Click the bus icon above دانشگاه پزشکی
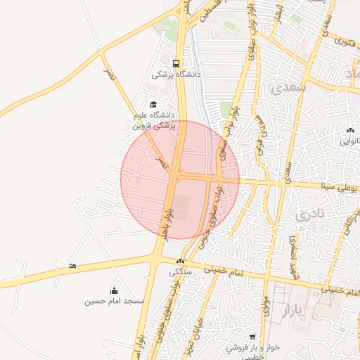[x=176, y=62]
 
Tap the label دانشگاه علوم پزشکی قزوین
[x=153, y=120]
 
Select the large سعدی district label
[x=285, y=89]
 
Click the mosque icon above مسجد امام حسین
[x=115, y=290]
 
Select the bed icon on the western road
[x=73, y=266]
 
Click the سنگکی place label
[x=180, y=271]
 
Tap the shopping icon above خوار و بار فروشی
[x=253, y=337]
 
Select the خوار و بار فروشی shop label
[x=253, y=349]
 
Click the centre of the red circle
[x=180, y=180]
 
